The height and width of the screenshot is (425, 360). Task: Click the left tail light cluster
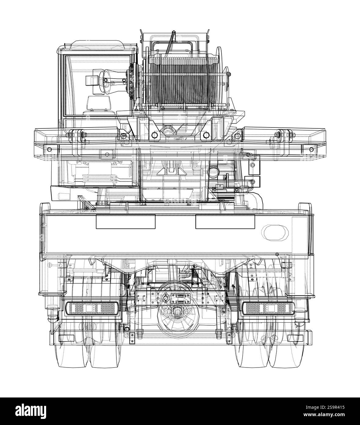pyautogui.click(x=92, y=308)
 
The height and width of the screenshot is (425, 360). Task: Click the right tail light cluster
pyautogui.click(x=268, y=308)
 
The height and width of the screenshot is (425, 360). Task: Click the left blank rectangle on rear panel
pyautogui.click(x=126, y=222)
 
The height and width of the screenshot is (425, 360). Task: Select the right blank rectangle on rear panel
pyautogui.click(x=225, y=222)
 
